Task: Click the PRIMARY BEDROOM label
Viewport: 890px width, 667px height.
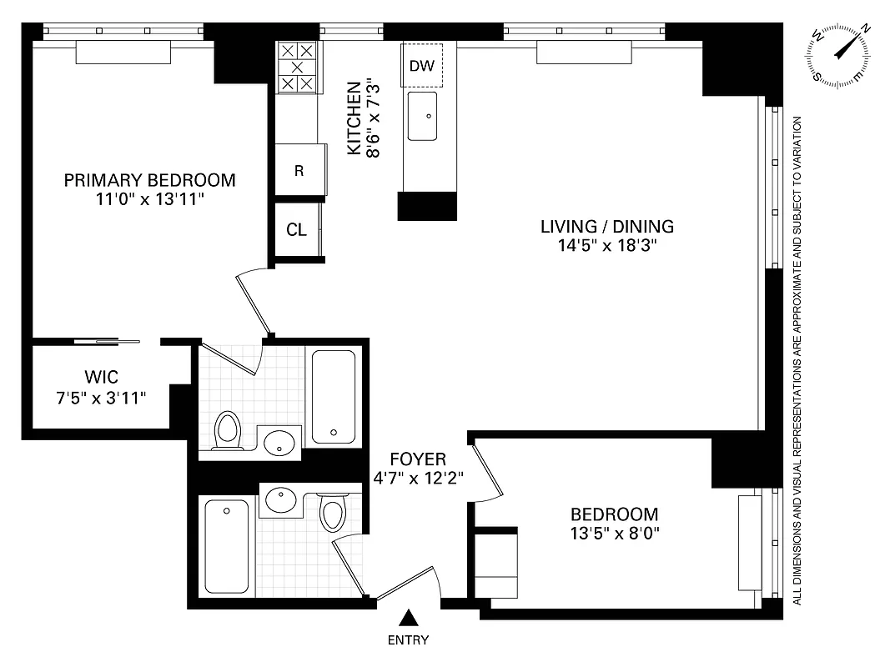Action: click(149, 180)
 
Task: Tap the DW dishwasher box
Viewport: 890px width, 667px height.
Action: click(422, 65)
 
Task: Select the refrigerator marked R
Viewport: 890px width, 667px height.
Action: click(298, 171)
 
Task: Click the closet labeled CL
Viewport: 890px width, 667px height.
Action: click(296, 230)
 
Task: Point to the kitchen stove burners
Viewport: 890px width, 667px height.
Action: click(298, 67)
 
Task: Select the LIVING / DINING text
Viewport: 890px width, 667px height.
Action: click(606, 226)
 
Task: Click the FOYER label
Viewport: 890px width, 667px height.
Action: click(418, 459)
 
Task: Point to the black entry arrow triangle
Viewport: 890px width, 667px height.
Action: click(408, 618)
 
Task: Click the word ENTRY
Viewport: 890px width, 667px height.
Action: click(408, 640)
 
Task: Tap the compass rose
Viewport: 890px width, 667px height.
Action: click(840, 55)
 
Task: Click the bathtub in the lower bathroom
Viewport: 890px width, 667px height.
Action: click(227, 546)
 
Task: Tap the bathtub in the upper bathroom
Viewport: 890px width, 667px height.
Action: click(334, 397)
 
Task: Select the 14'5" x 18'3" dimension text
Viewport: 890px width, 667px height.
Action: click(606, 245)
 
